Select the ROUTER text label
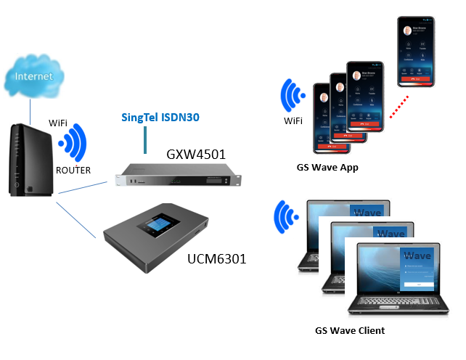pyautogui.click(x=73, y=171)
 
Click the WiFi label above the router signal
pyautogui.click(x=58, y=123)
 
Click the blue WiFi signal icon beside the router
pyautogui.click(x=75, y=144)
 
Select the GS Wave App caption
pyautogui.click(x=327, y=168)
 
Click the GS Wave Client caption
pyautogui.click(x=349, y=330)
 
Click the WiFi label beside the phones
pyautogui.click(x=294, y=121)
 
